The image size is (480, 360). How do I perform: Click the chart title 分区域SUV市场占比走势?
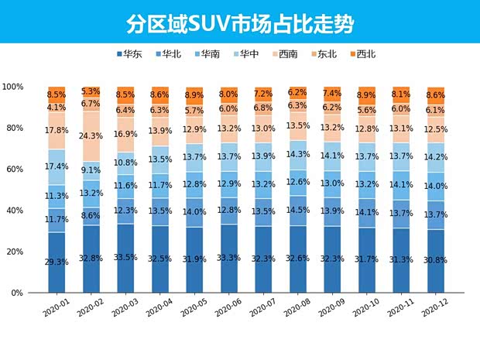pyautogui.click(x=240, y=22)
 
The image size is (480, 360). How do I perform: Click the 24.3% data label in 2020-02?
pyautogui.click(x=91, y=136)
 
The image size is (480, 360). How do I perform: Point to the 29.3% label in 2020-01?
pyautogui.click(x=57, y=262)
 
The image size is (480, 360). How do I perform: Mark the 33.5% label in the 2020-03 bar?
pyautogui.click(x=125, y=258)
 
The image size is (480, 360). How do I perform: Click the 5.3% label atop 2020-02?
pyautogui.click(x=91, y=91)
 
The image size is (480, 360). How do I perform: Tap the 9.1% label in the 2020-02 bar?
pyautogui.click(x=91, y=170)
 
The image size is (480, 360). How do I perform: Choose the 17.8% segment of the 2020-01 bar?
pyautogui.click(x=57, y=131)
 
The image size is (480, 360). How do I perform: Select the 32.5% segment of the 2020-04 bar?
pyautogui.click(x=159, y=259)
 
